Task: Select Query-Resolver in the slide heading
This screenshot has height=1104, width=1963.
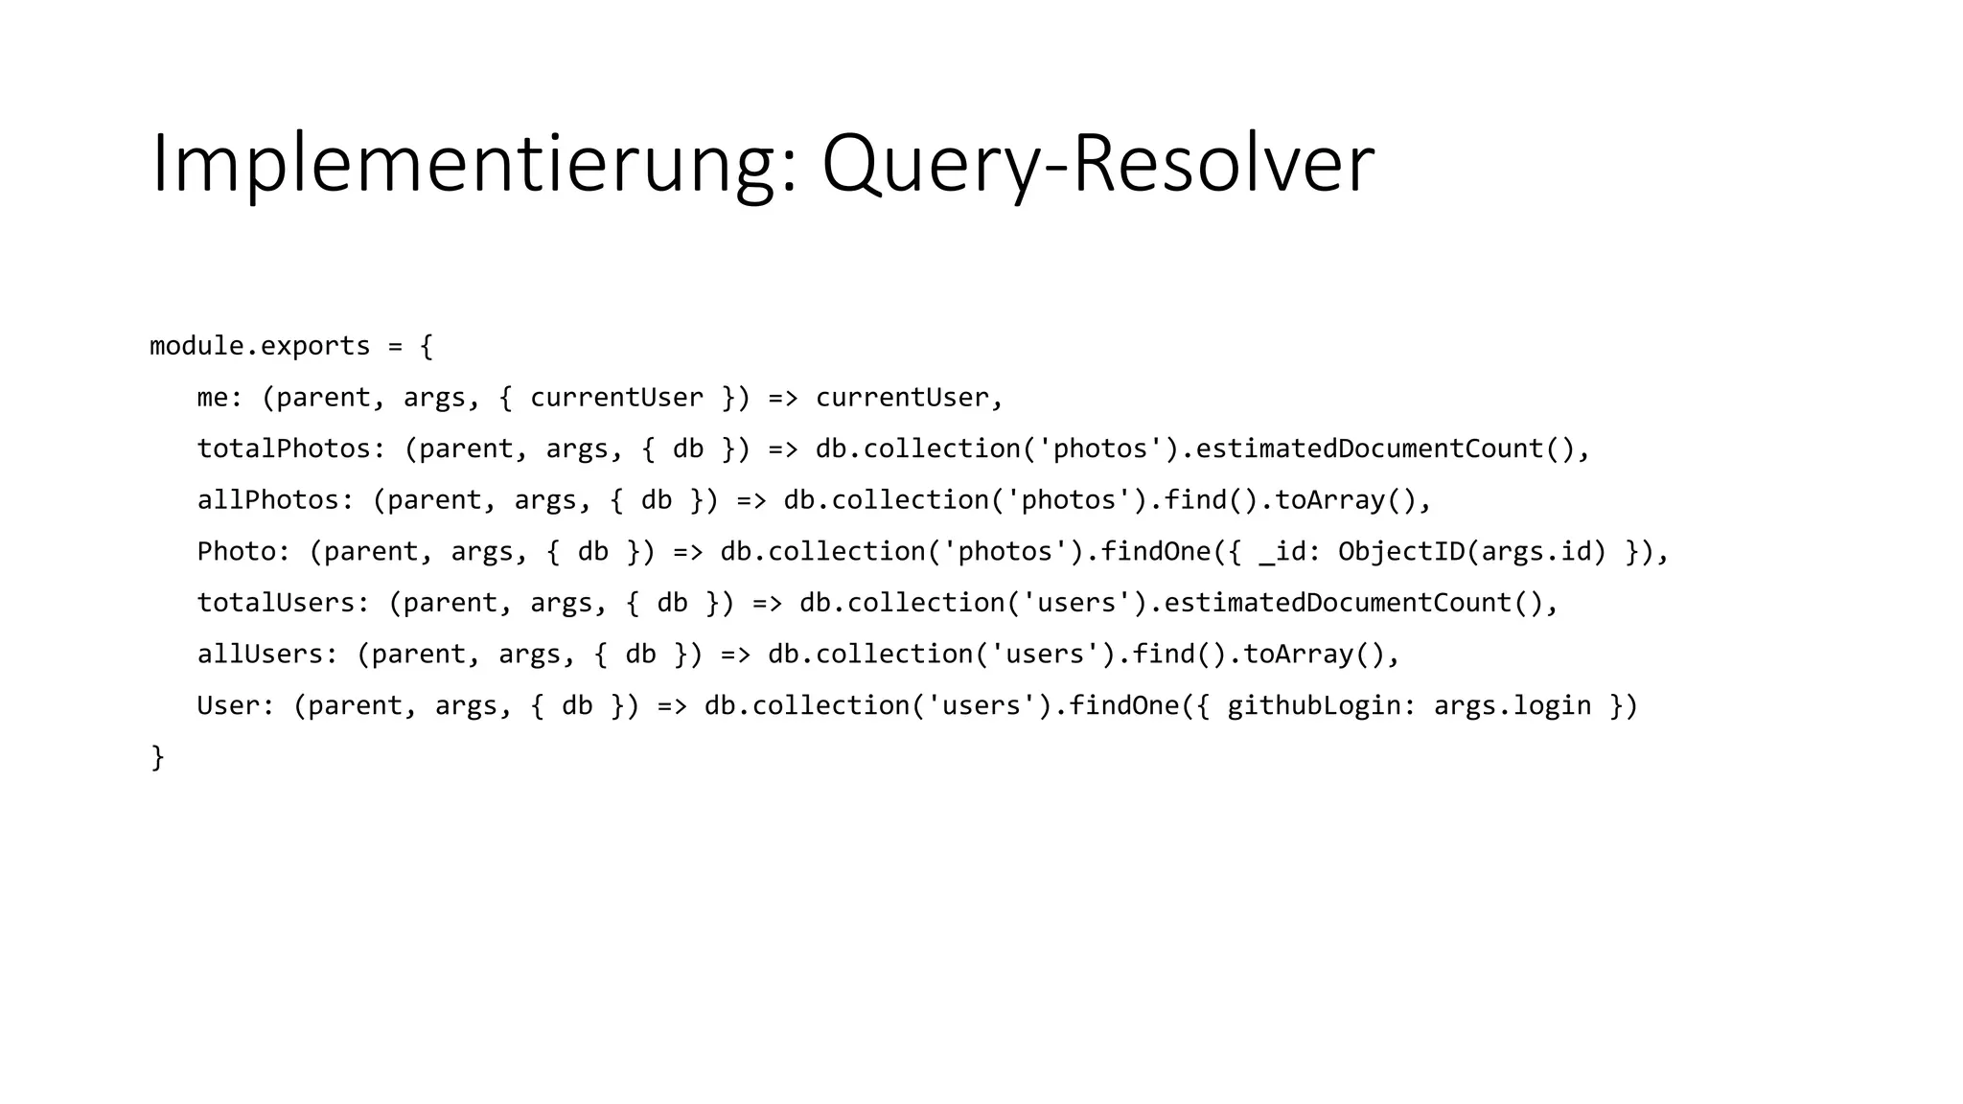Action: pos(1097,165)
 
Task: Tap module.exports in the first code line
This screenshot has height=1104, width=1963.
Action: pos(260,346)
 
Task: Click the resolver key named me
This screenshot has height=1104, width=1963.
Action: pos(213,398)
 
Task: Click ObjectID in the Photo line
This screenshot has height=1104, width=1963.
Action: pos(1401,552)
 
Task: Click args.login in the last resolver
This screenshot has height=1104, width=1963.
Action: pos(1512,706)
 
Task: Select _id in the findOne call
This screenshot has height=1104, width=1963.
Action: pos(1282,552)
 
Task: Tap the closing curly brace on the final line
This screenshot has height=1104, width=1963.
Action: pos(158,758)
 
